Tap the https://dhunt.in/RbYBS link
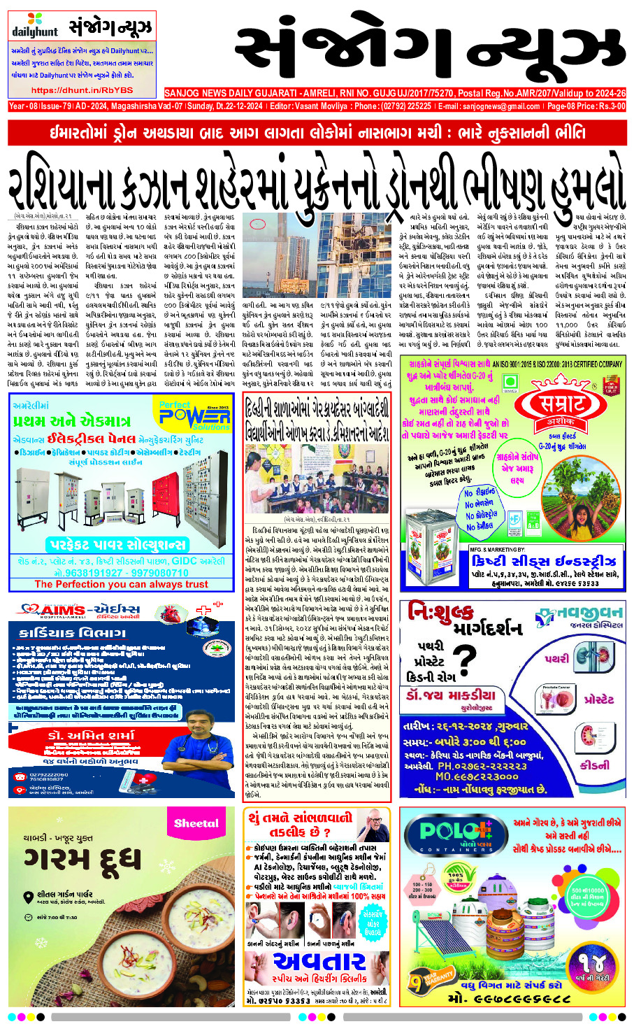pyautogui.click(x=82, y=90)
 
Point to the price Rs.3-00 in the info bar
pyautogui.click(x=607, y=106)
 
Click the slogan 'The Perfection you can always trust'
pyautogui.click(x=121, y=584)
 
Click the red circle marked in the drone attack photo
pyautogui.click(x=257, y=225)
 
